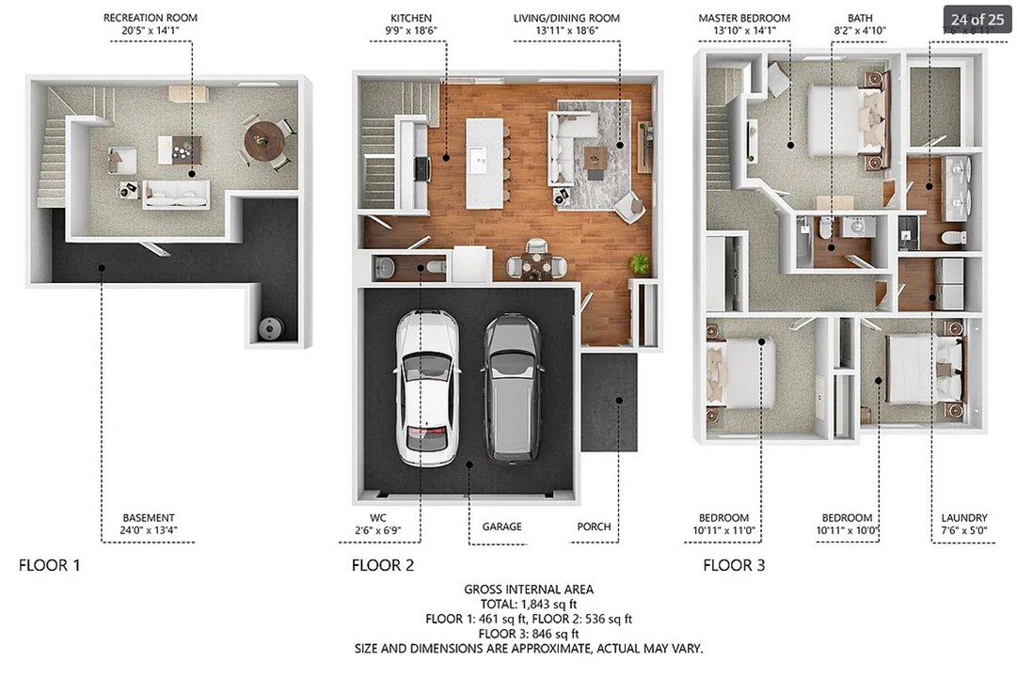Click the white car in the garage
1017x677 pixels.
(426, 386)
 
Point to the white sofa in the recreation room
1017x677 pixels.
(176, 195)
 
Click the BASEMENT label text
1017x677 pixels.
(149, 518)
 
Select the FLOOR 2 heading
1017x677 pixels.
(382, 565)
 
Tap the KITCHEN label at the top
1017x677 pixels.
(411, 19)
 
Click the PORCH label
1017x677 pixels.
(594, 527)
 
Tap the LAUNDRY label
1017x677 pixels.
(964, 518)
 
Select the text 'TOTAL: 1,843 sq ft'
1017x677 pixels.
(528, 604)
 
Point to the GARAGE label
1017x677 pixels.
(501, 527)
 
